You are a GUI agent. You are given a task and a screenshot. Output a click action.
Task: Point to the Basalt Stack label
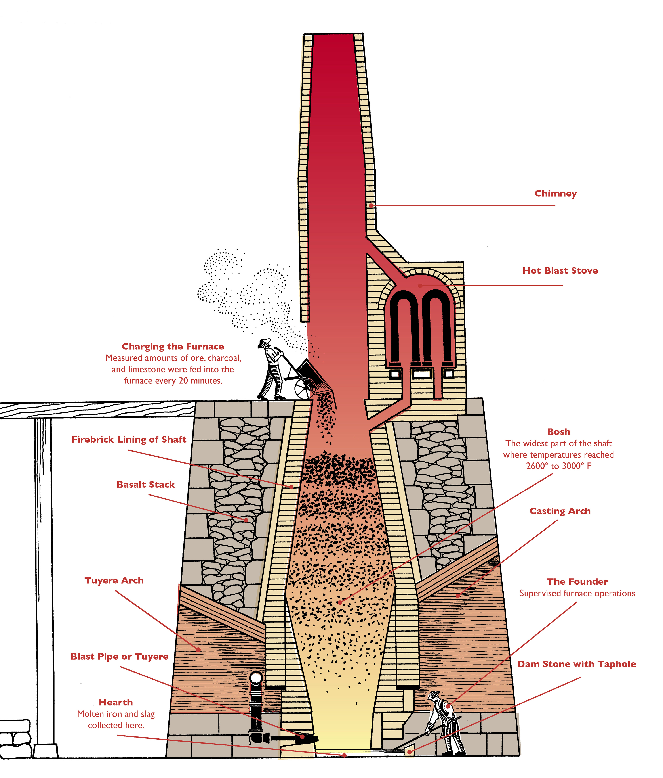point(146,484)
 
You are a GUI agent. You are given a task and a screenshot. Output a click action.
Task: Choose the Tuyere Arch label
point(114,581)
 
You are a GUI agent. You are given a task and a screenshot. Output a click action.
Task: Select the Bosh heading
point(558,432)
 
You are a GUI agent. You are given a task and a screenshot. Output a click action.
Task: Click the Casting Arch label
point(560,511)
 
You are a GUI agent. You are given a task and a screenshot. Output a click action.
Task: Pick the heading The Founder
point(577,582)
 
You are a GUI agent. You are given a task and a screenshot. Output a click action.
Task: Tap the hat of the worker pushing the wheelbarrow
point(265,342)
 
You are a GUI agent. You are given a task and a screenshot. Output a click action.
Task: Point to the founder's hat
point(434,694)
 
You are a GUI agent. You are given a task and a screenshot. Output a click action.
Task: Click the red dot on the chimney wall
point(371,206)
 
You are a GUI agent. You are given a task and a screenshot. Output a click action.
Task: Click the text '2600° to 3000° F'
point(558,466)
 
